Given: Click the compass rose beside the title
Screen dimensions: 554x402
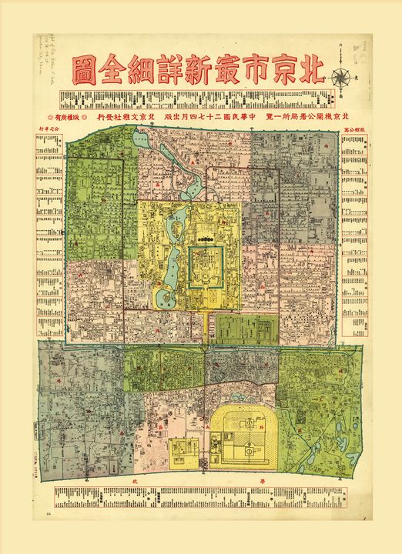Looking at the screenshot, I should coord(340,77).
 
